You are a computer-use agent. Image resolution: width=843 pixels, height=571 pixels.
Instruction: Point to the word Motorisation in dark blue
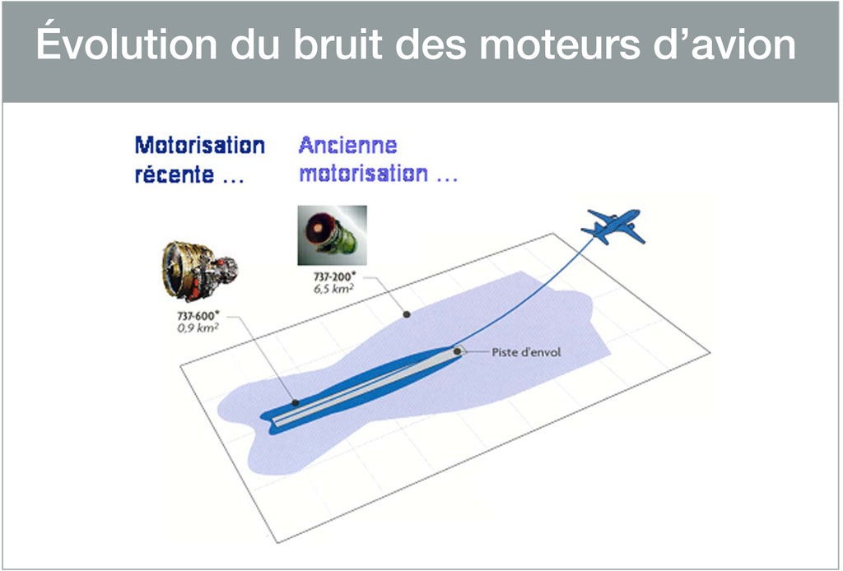(200, 146)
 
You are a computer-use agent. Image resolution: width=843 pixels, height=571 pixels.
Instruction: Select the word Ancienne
(347, 146)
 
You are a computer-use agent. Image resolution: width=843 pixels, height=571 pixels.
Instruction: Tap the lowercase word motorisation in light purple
(363, 175)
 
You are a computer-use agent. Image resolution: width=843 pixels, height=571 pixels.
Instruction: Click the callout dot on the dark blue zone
(295, 402)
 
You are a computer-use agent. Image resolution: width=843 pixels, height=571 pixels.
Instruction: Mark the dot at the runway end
(458, 351)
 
